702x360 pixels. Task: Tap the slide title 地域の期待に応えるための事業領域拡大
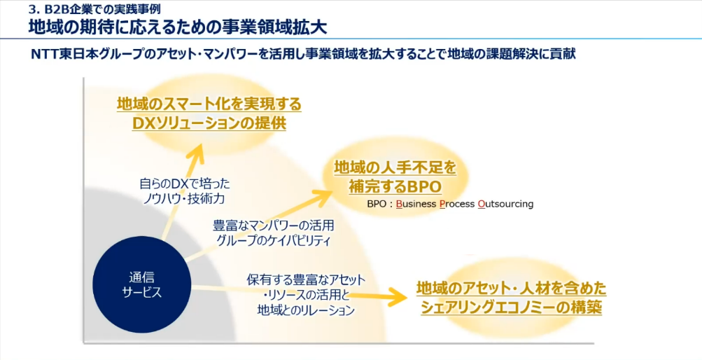[x=178, y=28]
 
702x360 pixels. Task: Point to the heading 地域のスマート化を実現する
[x=209, y=104]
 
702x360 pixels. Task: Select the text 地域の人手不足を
[x=395, y=167]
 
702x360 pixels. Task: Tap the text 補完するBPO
[x=395, y=187]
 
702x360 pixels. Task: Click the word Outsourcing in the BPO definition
[x=505, y=205]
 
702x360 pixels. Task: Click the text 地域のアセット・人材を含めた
[x=511, y=288]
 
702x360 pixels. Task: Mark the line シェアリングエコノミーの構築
[x=511, y=307]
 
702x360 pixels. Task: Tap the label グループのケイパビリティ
[x=274, y=240]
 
